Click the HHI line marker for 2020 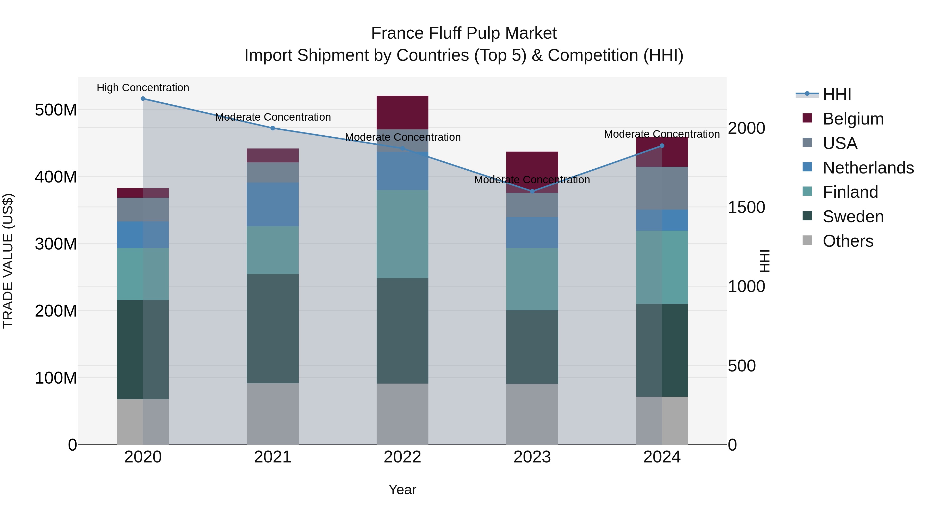(x=143, y=99)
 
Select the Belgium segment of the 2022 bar (x=402, y=112)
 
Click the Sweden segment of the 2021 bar (x=273, y=329)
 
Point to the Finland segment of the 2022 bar (x=402, y=234)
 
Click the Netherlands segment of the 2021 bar (x=273, y=204)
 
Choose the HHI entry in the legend (x=836, y=94)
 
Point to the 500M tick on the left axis (x=56, y=110)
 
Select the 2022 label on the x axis (x=402, y=457)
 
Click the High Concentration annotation (x=143, y=88)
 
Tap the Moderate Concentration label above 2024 (x=662, y=134)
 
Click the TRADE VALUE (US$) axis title (x=8, y=261)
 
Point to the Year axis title (x=402, y=490)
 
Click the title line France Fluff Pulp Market (x=464, y=33)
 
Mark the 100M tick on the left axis (x=56, y=378)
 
